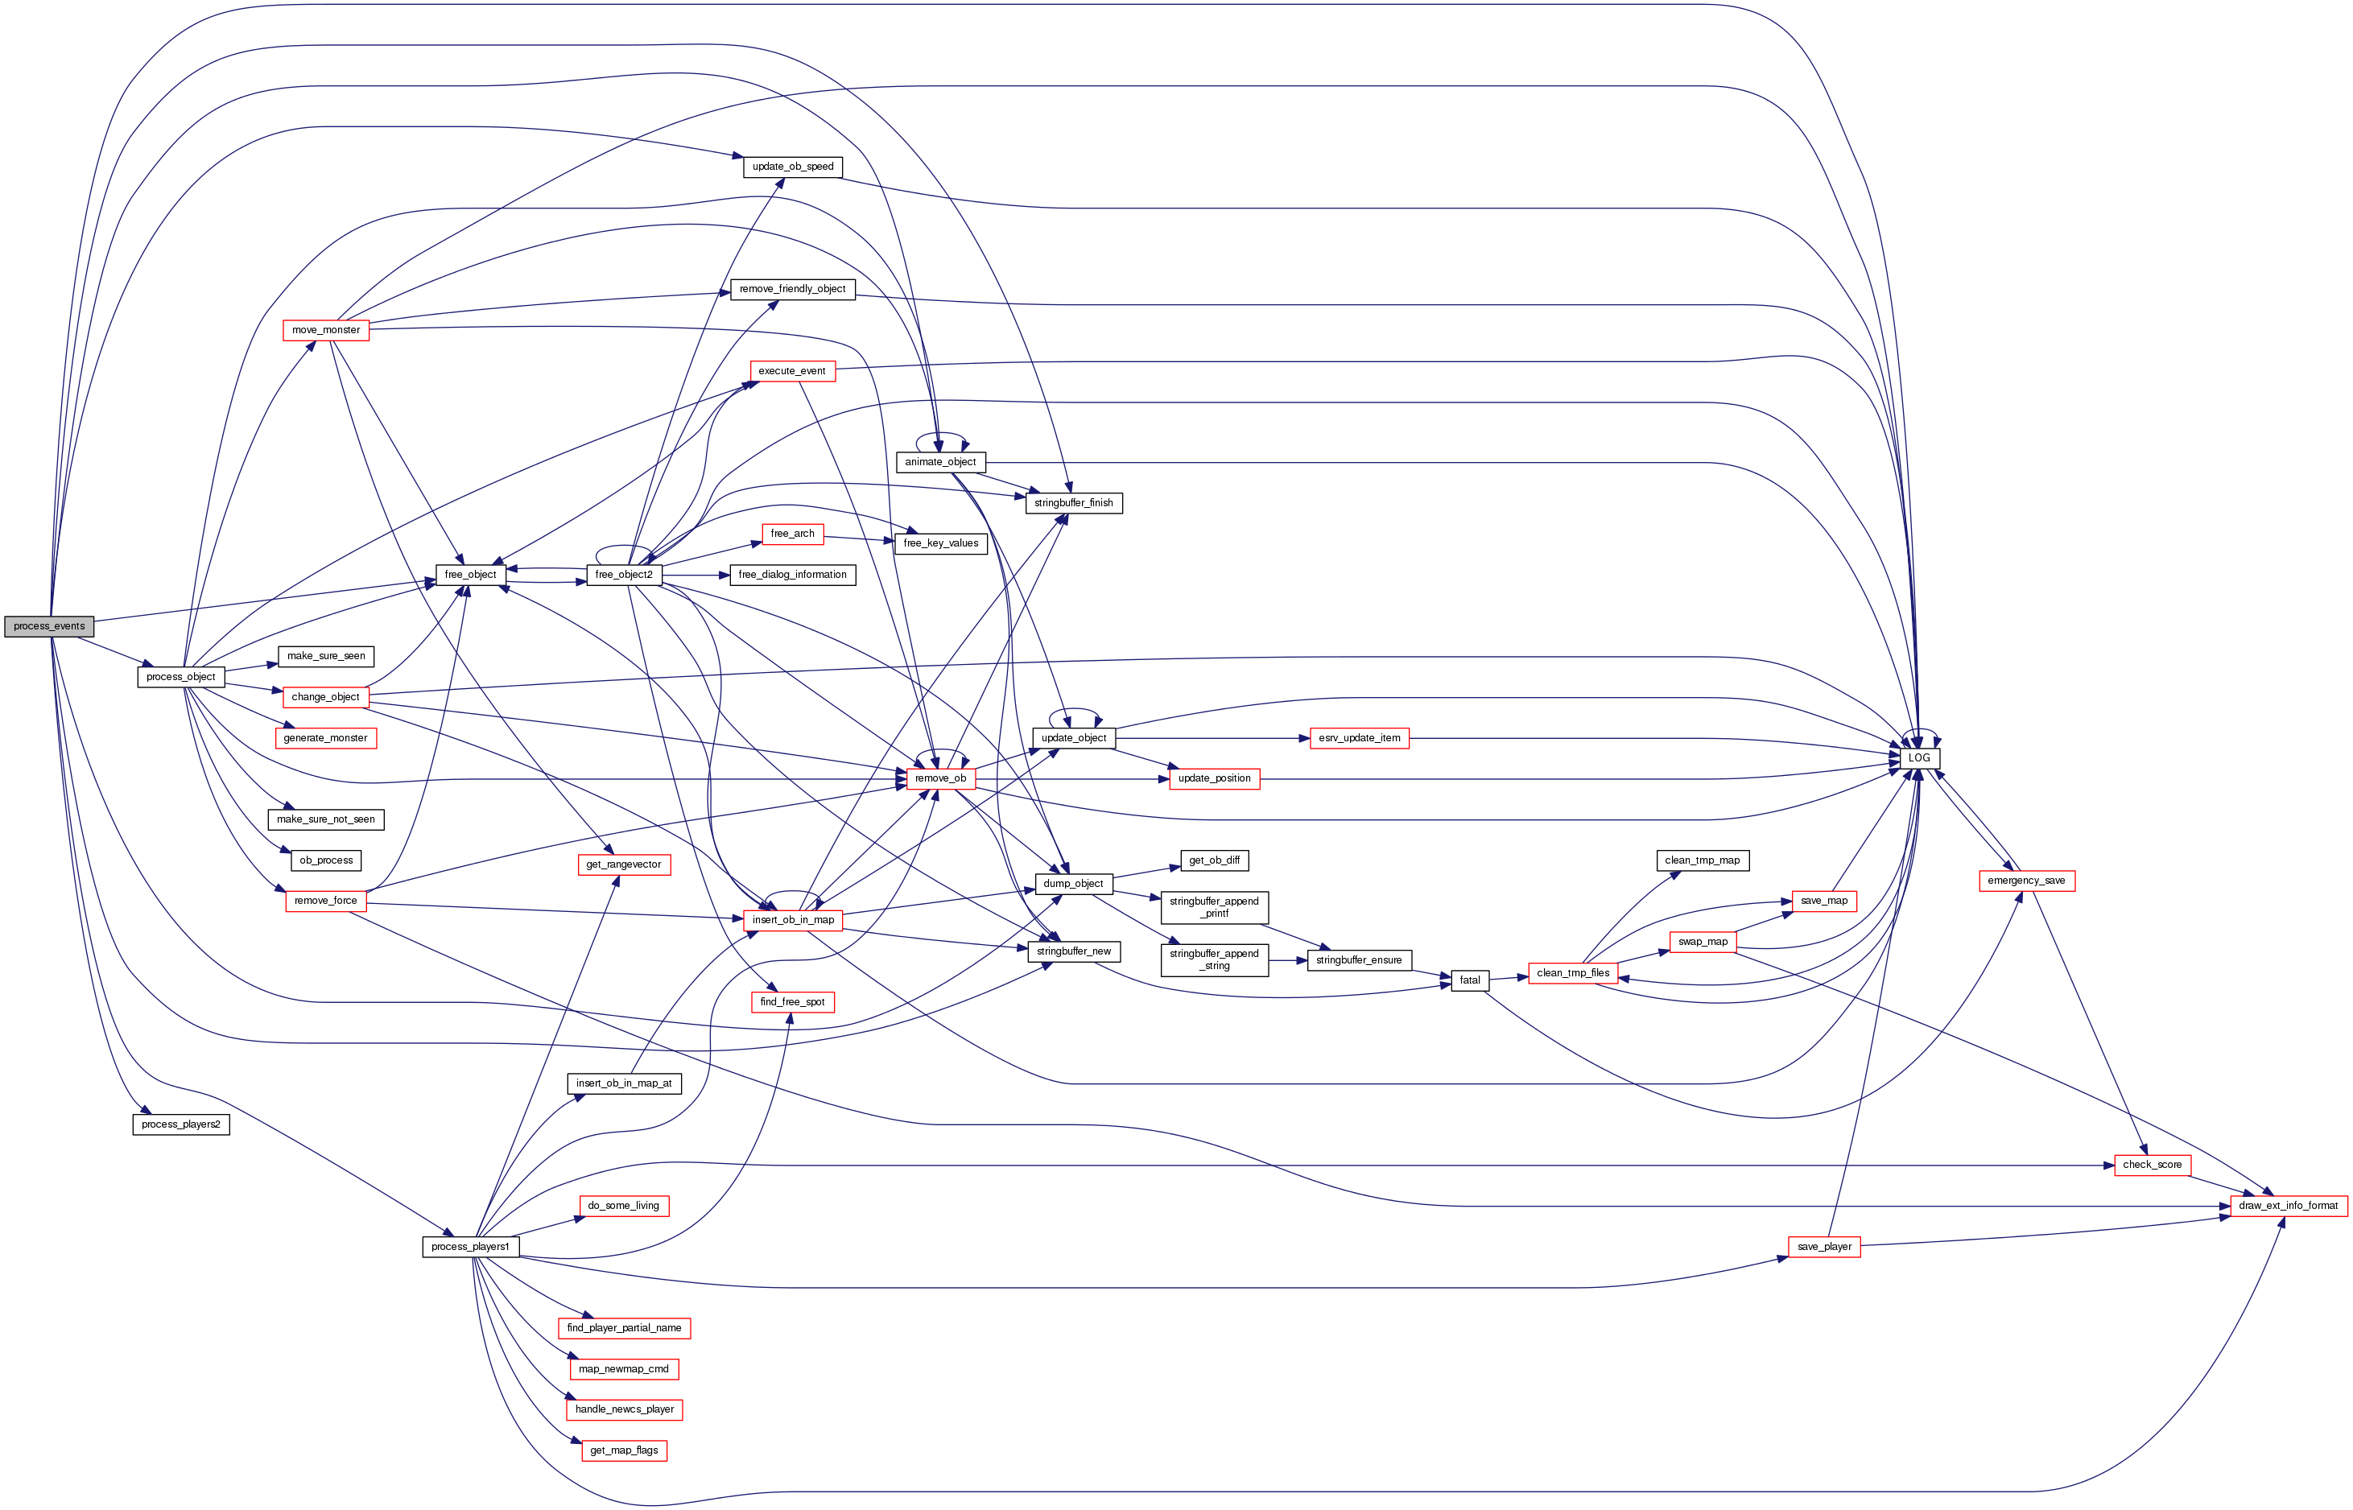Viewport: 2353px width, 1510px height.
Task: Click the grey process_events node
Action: coord(49,625)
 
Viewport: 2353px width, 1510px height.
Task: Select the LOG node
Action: coord(1918,758)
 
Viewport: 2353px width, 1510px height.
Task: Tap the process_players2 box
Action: coord(180,1124)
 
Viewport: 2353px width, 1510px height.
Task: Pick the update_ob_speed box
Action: coord(792,167)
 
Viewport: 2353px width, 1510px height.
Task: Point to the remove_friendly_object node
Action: coord(792,289)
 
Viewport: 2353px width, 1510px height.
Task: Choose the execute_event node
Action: coord(792,370)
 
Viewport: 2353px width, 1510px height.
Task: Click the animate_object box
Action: coord(940,462)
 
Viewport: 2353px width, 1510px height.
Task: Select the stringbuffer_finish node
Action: coord(1074,503)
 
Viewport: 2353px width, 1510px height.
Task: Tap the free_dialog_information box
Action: coord(792,575)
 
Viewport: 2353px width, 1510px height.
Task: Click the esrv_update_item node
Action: coord(1359,737)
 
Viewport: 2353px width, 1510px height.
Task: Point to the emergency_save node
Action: coord(2026,881)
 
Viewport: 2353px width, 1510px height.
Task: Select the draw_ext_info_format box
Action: coord(2289,1205)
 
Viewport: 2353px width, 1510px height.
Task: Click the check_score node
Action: coord(2152,1165)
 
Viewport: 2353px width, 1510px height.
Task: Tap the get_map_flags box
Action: coord(624,1450)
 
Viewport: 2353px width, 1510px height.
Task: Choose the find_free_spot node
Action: coord(792,1001)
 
